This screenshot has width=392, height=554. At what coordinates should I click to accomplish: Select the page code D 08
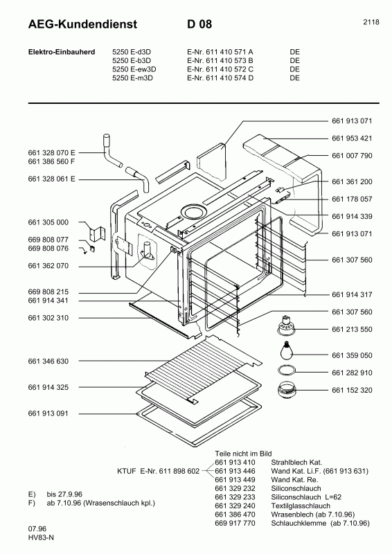199,24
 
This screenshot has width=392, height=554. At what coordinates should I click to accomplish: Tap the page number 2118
371,22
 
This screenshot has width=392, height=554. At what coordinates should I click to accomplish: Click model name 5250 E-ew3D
134,69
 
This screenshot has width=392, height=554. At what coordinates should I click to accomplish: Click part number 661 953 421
352,138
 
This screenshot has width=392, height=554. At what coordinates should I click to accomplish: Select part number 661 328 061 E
51,179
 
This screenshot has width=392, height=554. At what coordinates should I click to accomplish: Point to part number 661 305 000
48,222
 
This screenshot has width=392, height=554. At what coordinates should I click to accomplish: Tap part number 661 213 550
352,329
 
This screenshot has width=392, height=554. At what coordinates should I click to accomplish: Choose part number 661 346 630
48,361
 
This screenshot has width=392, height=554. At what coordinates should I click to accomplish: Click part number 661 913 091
48,413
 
